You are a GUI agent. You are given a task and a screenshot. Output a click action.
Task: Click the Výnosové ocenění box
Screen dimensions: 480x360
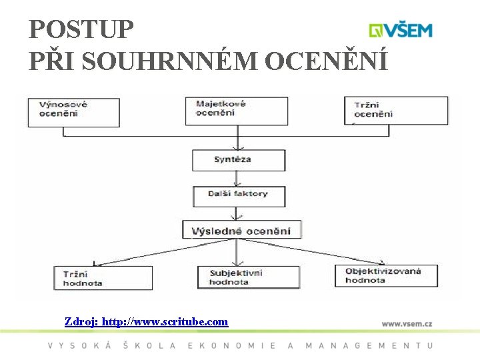[73, 112]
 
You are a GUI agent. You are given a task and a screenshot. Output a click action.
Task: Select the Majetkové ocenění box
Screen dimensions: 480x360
[237, 111]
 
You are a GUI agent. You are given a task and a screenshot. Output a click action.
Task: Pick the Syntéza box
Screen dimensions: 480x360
[238, 160]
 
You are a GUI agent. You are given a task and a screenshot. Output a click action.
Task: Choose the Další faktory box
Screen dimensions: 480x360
[238, 195]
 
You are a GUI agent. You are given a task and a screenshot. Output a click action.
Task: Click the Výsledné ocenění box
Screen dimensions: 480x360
[241, 231]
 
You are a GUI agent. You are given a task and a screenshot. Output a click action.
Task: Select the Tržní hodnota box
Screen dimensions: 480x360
[103, 277]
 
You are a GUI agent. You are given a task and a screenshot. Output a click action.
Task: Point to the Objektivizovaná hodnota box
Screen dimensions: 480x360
[387, 275]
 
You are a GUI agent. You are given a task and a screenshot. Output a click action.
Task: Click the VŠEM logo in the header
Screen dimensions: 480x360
[401, 30]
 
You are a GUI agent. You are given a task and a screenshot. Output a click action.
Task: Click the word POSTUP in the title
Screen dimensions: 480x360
[81, 30]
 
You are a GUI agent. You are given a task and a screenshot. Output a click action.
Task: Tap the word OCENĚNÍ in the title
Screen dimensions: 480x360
[327, 61]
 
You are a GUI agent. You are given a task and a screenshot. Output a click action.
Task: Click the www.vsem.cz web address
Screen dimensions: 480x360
[407, 323]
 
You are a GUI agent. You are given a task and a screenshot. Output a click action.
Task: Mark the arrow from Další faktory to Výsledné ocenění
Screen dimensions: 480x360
[235, 213]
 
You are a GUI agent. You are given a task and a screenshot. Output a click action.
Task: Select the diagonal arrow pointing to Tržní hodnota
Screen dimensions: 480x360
[163, 251]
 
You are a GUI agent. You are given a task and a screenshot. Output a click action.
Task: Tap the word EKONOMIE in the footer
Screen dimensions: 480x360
[232, 345]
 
